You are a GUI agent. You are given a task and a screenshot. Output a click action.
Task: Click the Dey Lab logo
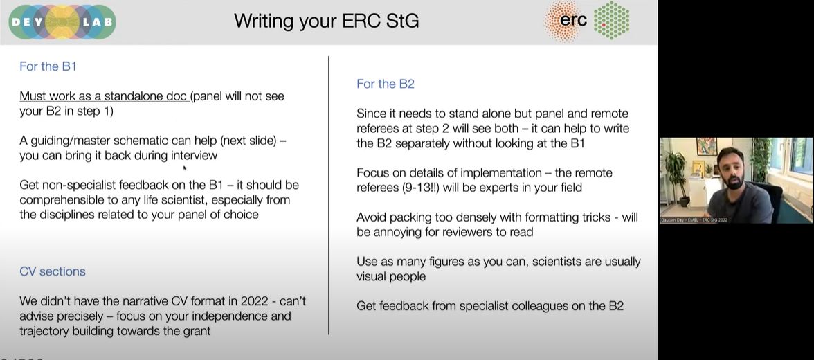pos(62,21)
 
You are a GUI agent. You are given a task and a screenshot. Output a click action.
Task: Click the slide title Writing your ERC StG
pos(326,21)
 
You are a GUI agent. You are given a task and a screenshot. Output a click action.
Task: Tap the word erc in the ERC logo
pos(572,20)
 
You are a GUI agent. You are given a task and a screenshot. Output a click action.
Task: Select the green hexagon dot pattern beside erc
pos(612,20)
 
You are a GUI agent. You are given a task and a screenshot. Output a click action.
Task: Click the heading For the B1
pos(48,66)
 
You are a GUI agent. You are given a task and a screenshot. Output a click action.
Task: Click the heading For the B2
pos(386,84)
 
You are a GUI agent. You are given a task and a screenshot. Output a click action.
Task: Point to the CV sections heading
pos(53,271)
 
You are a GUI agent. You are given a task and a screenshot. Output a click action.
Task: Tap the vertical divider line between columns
pos(328,194)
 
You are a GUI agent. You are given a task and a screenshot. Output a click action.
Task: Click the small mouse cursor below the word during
pos(185,168)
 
